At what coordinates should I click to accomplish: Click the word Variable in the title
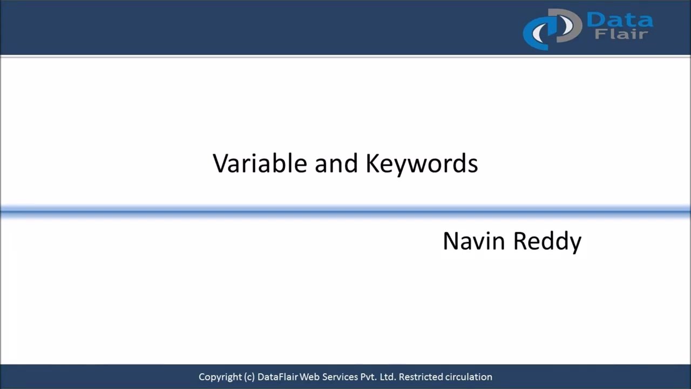(260, 163)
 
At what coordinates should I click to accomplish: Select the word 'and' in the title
(336, 163)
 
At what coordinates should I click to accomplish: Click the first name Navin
(474, 241)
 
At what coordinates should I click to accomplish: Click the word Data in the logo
(619, 21)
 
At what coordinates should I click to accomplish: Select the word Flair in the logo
(621, 35)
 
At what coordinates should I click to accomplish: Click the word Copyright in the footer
(219, 377)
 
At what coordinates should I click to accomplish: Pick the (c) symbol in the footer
(249, 377)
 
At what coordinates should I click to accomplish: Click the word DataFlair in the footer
(277, 377)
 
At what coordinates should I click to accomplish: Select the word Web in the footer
(310, 377)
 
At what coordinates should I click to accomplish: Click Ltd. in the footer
(388, 377)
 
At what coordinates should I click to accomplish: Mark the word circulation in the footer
(468, 377)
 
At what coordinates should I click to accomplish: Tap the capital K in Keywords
(372, 163)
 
